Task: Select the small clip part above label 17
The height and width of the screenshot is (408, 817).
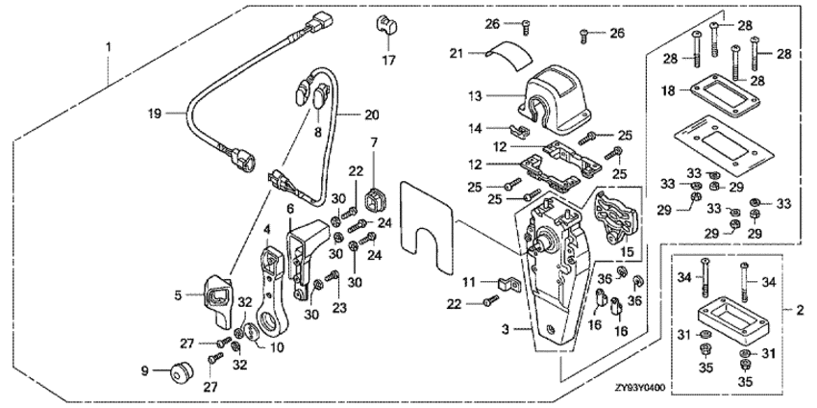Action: click(386, 26)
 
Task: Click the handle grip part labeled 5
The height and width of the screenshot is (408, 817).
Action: click(218, 298)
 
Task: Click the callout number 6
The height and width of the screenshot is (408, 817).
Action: click(289, 208)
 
